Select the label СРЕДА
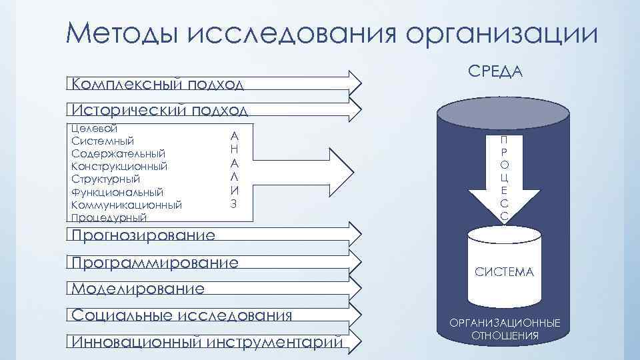coord(496,71)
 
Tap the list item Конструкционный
coord(119,166)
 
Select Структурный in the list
coord(105,179)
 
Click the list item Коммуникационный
coord(126,205)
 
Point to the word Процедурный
coord(109,217)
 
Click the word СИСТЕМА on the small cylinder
coord(504,272)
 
